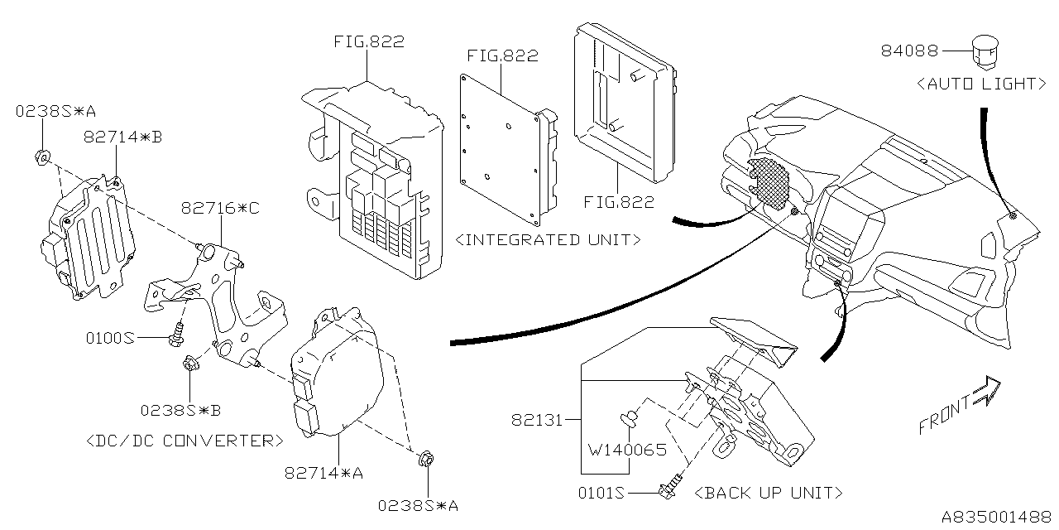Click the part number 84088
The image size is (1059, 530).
pos(909,51)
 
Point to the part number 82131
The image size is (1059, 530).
pos(535,420)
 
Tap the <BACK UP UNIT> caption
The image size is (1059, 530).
pos(769,493)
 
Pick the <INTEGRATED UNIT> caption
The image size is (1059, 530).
pos(549,240)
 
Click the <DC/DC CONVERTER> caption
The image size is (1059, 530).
pos(184,440)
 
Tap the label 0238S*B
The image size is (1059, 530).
pos(180,409)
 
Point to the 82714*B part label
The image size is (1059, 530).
pos(122,137)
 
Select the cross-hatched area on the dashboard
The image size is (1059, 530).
pos(771,181)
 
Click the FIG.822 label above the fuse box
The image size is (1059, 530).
pos(369,41)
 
